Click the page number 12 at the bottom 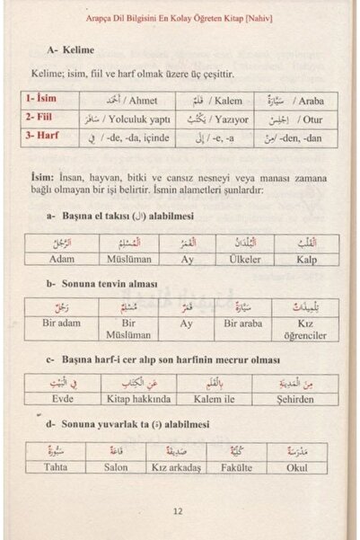(x=179, y=513)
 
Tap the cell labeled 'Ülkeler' (x=241, y=259)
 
